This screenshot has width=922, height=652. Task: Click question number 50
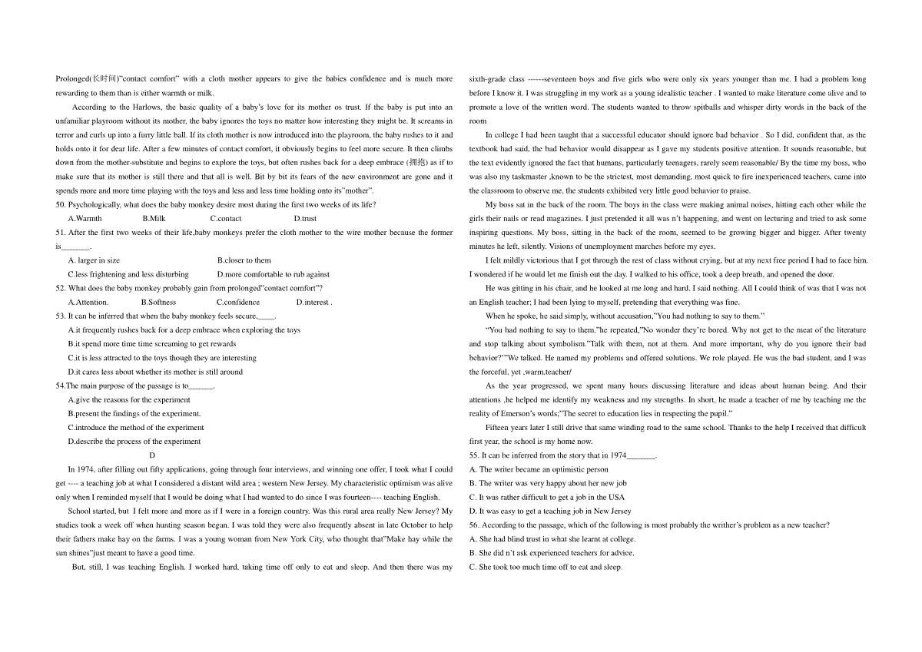[x=61, y=204]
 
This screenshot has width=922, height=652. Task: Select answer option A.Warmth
[x=85, y=218]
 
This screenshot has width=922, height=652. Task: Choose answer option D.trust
[x=305, y=218]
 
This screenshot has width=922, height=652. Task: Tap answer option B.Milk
[x=154, y=218]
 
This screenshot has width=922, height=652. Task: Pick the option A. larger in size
[x=94, y=260]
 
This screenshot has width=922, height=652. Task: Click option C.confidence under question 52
[x=238, y=302]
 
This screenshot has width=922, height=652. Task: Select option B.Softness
[x=158, y=302]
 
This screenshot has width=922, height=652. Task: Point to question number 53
[x=61, y=316]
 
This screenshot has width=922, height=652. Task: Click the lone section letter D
[x=152, y=455]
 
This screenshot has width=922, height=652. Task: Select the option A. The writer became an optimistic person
[x=539, y=469]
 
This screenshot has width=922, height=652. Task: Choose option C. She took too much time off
[x=546, y=567]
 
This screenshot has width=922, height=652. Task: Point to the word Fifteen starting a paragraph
[x=498, y=428]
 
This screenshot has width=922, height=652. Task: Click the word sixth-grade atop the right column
[x=486, y=78]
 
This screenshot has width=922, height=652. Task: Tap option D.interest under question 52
[x=313, y=302]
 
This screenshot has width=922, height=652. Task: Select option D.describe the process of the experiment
[x=134, y=442]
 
